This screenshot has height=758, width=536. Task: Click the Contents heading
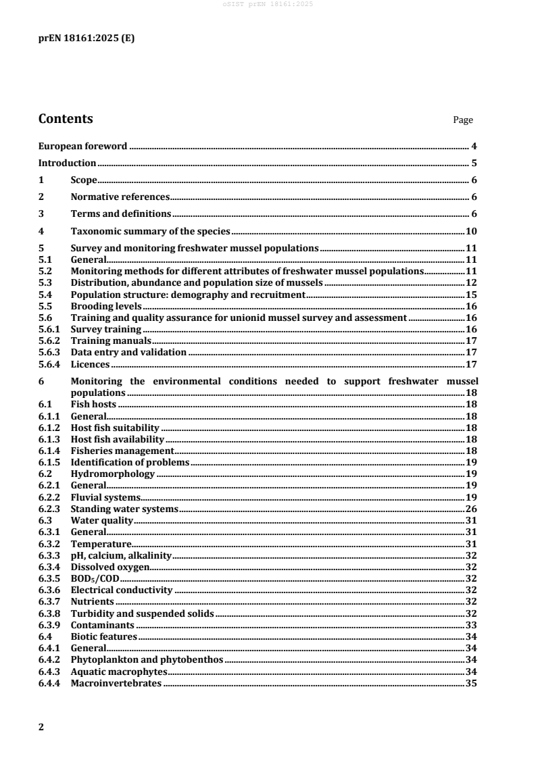click(66, 120)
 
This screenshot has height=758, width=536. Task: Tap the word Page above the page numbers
click(463, 120)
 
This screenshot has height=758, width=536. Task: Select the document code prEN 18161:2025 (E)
click(87, 39)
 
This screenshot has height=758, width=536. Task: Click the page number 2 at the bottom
click(41, 727)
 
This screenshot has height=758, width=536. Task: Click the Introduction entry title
click(67, 163)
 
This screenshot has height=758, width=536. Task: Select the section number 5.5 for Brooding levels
click(45, 305)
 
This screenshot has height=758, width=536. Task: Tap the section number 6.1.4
click(49, 451)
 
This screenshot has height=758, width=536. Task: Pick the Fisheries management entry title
click(122, 451)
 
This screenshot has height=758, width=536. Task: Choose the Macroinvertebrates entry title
click(116, 684)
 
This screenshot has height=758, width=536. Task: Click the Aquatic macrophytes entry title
click(118, 672)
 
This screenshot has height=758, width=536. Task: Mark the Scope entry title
click(84, 180)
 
